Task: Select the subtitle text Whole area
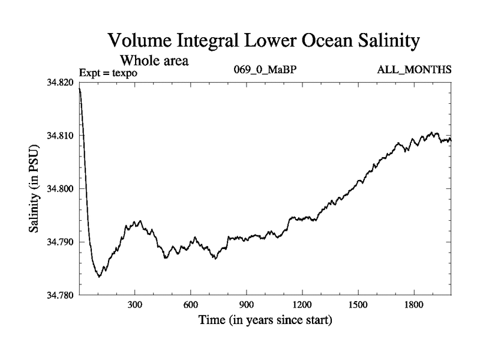(155, 60)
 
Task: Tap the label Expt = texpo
(109, 73)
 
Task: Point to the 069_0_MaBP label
(265, 70)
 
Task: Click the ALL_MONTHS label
(414, 70)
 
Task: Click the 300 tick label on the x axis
(135, 305)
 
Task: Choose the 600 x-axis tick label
(191, 305)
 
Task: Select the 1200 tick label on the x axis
(302, 305)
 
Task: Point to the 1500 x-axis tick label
(358, 305)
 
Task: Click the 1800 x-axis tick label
(413, 305)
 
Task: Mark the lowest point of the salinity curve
(99, 277)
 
